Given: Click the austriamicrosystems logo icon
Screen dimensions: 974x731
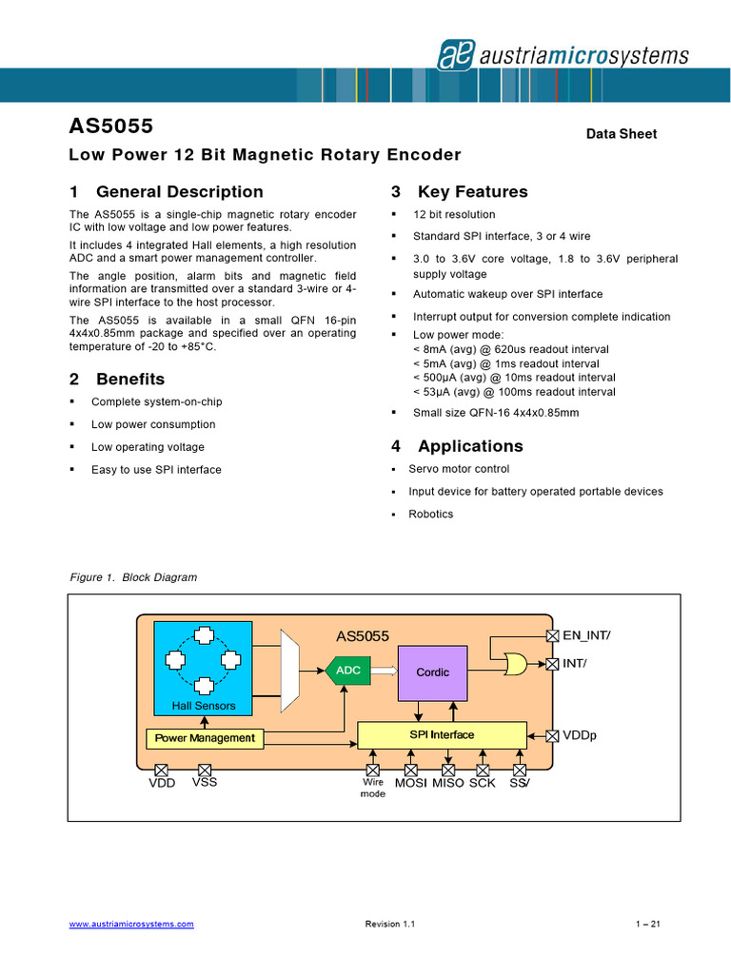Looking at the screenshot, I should click(x=455, y=55).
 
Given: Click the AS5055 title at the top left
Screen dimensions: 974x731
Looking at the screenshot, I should click(x=111, y=127).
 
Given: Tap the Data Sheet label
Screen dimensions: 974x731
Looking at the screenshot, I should click(x=622, y=134).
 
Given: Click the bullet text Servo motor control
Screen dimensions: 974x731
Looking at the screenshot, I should click(x=459, y=469).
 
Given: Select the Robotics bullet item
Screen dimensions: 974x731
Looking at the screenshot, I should click(x=431, y=515).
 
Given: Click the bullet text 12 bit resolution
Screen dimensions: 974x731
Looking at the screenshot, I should click(x=454, y=215).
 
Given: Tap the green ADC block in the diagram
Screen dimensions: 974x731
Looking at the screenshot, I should click(x=347, y=671).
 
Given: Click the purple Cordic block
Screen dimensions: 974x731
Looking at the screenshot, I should click(x=432, y=672).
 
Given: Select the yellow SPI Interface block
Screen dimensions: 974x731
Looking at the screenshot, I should click(x=442, y=735).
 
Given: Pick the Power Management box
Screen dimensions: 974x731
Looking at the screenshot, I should click(x=205, y=738).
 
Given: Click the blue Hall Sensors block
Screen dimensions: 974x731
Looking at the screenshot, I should click(x=204, y=667).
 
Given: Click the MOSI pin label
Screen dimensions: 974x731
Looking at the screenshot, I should click(x=411, y=783).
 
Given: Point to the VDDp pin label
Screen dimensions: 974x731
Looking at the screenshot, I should click(x=580, y=735).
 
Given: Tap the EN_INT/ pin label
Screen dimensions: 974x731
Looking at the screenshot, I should click(x=586, y=635).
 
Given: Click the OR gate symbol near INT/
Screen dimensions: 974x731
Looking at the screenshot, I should click(x=515, y=663).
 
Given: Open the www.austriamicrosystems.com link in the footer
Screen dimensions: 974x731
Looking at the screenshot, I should click(x=132, y=925).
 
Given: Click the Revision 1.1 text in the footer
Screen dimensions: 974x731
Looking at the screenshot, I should click(x=390, y=925).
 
